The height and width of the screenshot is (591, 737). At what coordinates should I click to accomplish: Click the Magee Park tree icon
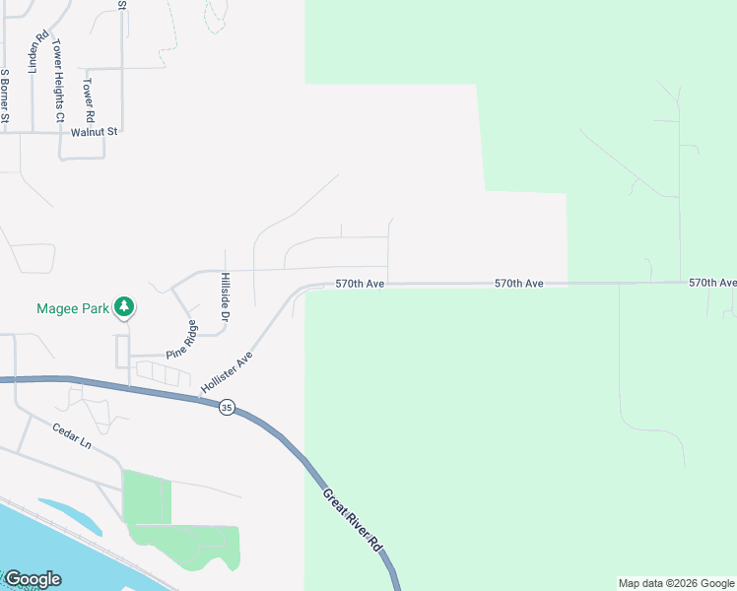point(124,307)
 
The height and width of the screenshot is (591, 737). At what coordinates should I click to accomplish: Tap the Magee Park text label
point(73,308)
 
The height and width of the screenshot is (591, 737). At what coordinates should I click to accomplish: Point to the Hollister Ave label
point(228,372)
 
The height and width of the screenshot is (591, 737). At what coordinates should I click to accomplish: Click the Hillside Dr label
point(225,298)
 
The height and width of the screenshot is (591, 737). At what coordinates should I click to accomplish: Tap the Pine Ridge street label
point(181,339)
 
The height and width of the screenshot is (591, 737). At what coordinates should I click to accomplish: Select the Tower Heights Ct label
point(58,81)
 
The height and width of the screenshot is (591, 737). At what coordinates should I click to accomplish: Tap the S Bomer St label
point(5,97)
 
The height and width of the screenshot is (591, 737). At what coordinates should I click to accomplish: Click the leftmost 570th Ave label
point(359,283)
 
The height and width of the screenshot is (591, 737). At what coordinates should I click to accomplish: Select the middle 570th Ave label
point(519,283)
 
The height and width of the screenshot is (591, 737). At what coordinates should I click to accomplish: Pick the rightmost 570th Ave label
point(712,282)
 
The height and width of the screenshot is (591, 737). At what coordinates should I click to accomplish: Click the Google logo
point(33,579)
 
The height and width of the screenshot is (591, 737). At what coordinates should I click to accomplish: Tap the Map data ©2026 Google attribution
point(676,583)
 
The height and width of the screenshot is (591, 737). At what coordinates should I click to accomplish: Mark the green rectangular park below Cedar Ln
point(146,496)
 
